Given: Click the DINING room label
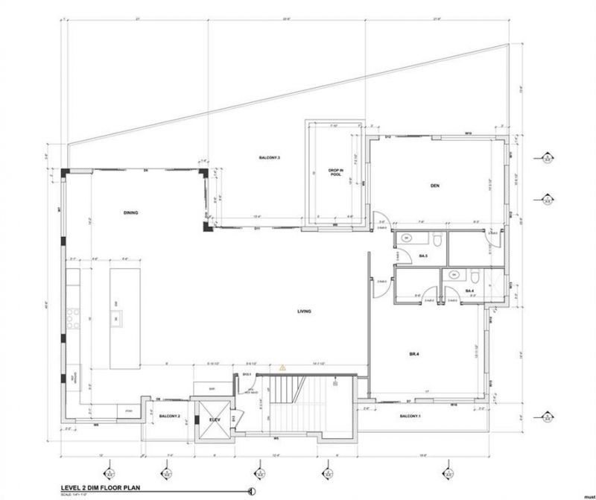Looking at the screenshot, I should pyautogui.click(x=131, y=212).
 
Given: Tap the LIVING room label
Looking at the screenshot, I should pyautogui.click(x=304, y=311).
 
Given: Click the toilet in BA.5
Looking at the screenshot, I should pyautogui.click(x=438, y=239).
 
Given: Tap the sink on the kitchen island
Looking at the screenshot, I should pyautogui.click(x=116, y=320).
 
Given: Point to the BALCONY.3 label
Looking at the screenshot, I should pyautogui.click(x=269, y=158).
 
